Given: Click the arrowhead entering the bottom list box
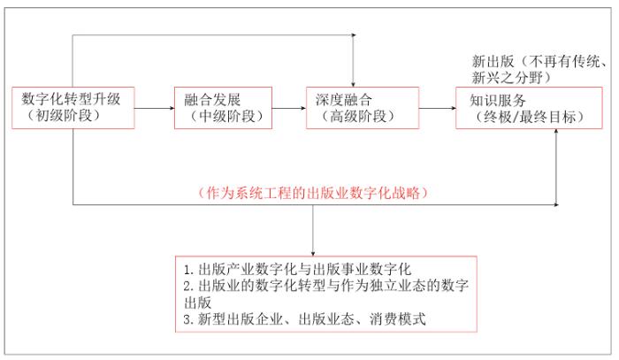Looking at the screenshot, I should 312,252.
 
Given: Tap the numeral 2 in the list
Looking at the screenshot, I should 186,285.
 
